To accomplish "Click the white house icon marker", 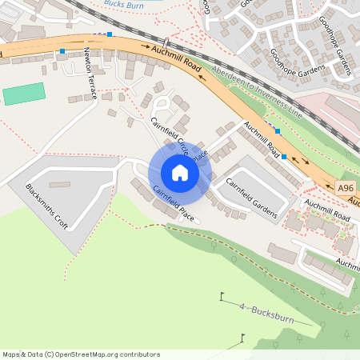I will (x=179, y=173).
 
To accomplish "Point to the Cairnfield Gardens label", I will (x=250, y=198).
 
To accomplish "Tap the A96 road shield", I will (x=345, y=188).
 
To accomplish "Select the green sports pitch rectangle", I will (x=24, y=94).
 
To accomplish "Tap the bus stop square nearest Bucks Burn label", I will (x=110, y=35).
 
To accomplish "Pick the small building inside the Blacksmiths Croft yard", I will (x=59, y=185).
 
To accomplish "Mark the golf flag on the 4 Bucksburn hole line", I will (x=222, y=298).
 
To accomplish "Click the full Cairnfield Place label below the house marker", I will (x=174, y=204).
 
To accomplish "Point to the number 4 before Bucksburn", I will (x=241, y=306).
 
